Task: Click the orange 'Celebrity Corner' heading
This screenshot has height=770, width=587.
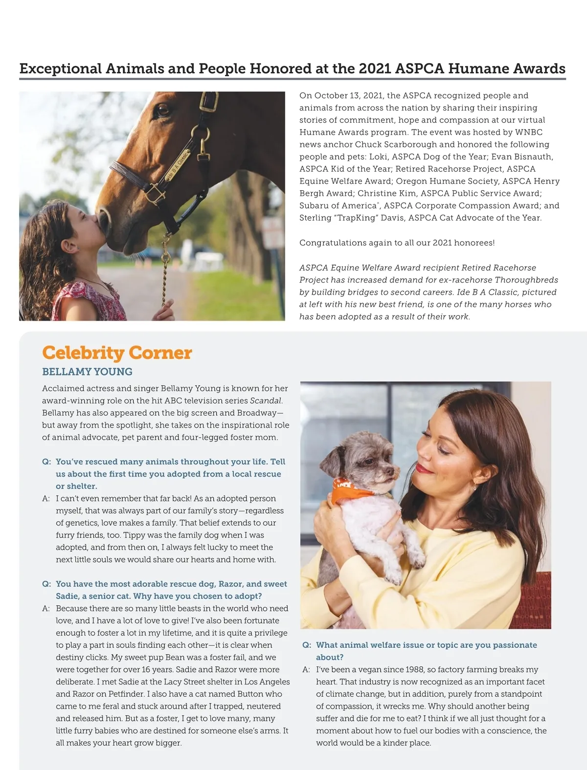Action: [117, 353]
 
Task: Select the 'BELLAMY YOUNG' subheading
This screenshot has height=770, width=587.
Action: [87, 372]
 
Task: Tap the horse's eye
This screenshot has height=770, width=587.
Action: [163, 109]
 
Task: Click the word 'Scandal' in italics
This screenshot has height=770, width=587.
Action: [266, 401]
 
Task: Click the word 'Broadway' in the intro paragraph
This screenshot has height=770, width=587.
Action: [257, 413]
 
